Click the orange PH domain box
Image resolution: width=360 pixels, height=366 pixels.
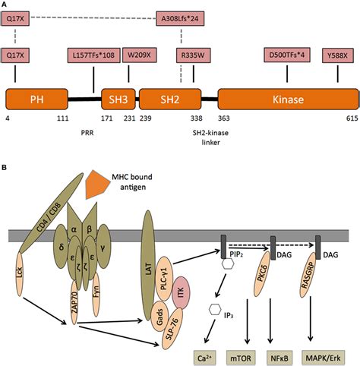tap(36, 99)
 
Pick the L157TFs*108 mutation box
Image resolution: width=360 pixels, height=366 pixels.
tap(93, 55)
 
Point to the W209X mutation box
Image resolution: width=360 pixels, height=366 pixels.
tap(141, 55)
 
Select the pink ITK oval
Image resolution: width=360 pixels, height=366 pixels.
tap(181, 282)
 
